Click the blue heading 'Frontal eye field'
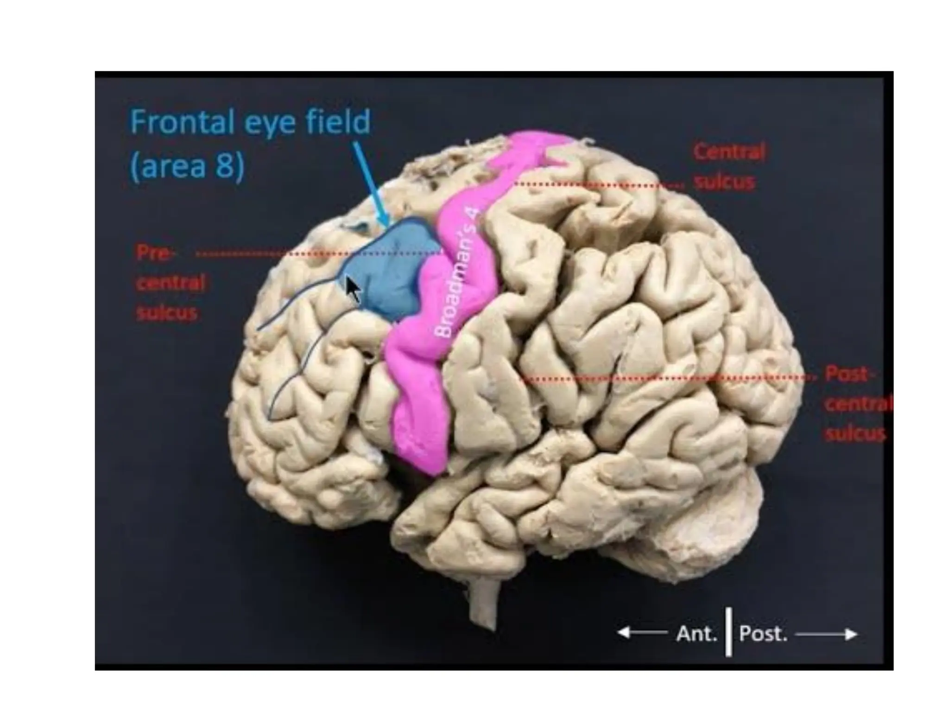(250, 122)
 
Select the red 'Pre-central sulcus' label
(170, 282)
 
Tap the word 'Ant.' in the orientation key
(696, 634)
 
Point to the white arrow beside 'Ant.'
(642, 633)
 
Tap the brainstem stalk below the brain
(484, 603)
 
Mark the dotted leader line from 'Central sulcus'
(598, 185)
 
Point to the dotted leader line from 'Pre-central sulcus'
(278, 254)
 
